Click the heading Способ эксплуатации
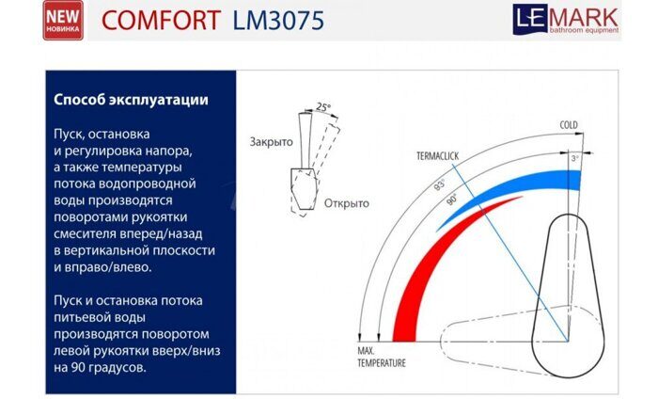(x=131, y=99)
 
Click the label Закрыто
(x=272, y=141)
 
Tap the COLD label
(x=569, y=124)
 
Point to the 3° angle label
(x=575, y=159)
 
